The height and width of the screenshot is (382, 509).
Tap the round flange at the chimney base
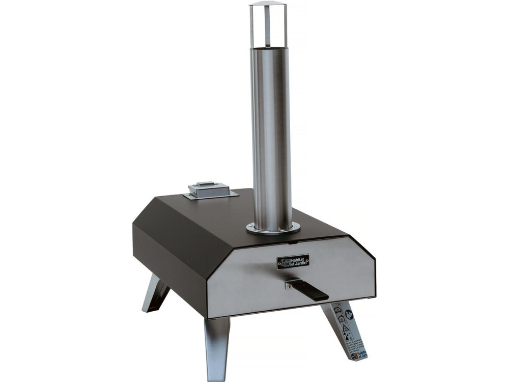(x=273, y=229)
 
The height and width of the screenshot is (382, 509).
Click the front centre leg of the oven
(x=217, y=346)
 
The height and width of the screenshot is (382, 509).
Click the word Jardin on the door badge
(x=300, y=264)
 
